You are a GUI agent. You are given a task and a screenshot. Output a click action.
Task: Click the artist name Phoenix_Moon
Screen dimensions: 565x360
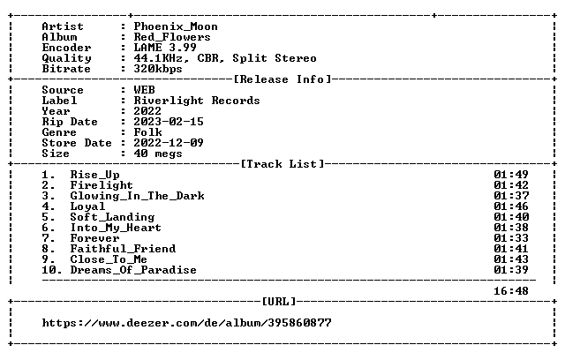click(176, 26)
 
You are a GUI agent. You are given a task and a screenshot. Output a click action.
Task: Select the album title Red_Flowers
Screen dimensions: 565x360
click(172, 37)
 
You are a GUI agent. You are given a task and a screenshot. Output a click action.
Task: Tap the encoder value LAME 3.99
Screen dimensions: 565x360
click(165, 48)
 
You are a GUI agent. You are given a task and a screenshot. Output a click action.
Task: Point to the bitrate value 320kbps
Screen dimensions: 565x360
click(158, 69)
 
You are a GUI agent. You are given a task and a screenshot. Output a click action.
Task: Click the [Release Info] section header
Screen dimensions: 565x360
click(282, 79)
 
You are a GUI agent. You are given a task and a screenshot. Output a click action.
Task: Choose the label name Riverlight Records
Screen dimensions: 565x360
click(197, 101)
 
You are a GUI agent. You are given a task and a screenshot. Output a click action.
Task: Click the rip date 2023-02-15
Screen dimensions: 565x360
click(169, 122)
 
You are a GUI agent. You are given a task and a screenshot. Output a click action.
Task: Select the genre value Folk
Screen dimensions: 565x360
click(147, 132)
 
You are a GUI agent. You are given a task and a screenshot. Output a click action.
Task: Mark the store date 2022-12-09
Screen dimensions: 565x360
click(169, 143)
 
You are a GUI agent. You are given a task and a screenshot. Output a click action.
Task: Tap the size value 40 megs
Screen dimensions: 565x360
click(158, 154)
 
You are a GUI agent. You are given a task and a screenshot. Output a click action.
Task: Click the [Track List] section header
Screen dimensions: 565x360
click(282, 164)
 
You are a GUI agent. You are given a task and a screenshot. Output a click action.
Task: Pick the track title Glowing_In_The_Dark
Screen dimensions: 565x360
click(138, 196)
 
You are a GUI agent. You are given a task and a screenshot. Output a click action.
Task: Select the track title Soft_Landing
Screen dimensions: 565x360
click(112, 217)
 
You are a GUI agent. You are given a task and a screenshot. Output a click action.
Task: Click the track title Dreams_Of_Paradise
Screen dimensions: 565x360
click(133, 270)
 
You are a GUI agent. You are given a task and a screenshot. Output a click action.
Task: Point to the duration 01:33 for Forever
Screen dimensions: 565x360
click(511, 238)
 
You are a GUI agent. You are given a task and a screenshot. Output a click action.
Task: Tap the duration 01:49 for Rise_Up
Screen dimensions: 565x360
click(511, 175)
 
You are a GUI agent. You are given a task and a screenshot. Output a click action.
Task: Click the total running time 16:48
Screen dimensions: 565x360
click(511, 291)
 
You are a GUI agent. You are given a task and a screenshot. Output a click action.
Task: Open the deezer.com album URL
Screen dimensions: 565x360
click(186, 323)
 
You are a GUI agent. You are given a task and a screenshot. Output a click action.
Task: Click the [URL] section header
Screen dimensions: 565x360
click(279, 301)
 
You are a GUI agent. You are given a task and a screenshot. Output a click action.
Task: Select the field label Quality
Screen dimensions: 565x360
click(67, 58)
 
